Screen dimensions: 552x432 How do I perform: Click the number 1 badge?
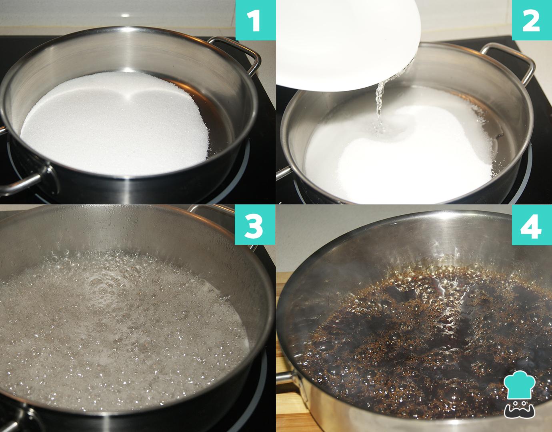[256, 20]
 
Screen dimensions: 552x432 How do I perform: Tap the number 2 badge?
[532, 20]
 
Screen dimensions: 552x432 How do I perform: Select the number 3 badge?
[255, 224]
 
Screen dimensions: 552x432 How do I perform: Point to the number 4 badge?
[532, 225]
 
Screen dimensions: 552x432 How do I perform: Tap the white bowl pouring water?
[348, 43]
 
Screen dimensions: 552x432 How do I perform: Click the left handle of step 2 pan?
[284, 173]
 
